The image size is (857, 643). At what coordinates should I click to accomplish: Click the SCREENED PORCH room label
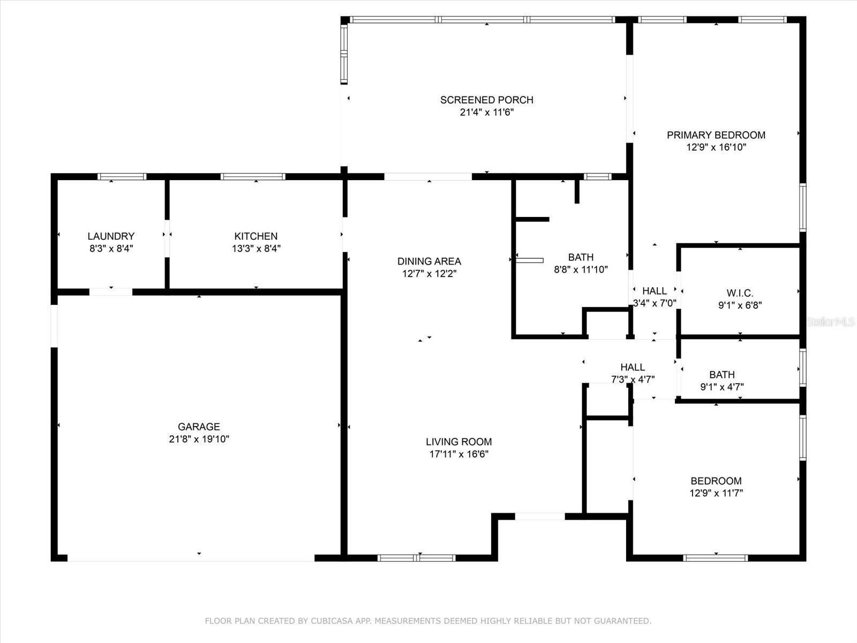pyautogui.click(x=486, y=100)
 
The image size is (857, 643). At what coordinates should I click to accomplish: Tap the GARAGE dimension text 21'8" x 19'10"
pyautogui.click(x=199, y=439)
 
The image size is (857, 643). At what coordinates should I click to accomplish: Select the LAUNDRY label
pyautogui.click(x=111, y=236)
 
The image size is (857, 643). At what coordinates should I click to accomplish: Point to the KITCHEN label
pyautogui.click(x=255, y=236)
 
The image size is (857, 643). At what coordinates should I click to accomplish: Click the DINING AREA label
pyautogui.click(x=429, y=261)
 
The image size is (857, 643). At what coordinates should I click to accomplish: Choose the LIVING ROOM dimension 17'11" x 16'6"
pyautogui.click(x=458, y=454)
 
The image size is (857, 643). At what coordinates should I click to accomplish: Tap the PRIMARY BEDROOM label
pyautogui.click(x=716, y=135)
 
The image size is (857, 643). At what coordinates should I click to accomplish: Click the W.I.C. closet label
pyautogui.click(x=740, y=293)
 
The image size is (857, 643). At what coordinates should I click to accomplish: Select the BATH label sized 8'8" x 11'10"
pyautogui.click(x=581, y=257)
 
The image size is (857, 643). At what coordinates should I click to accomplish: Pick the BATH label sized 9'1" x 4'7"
pyautogui.click(x=722, y=375)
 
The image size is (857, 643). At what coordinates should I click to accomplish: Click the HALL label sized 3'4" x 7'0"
pyautogui.click(x=655, y=291)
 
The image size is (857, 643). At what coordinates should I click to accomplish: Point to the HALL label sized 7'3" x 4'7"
pyautogui.click(x=633, y=368)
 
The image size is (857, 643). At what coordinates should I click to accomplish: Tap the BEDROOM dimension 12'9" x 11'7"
pyautogui.click(x=716, y=492)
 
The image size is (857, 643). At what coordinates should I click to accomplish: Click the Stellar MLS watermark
pyautogui.click(x=830, y=322)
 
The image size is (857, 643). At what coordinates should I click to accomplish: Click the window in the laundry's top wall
pyautogui.click(x=122, y=177)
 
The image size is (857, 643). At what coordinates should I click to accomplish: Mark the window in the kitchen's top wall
pyautogui.click(x=253, y=177)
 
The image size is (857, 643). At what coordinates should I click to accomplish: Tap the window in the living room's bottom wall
pyautogui.click(x=416, y=558)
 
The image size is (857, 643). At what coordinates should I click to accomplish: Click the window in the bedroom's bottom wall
pyautogui.click(x=716, y=558)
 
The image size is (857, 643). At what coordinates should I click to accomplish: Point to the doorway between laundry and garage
pyautogui.click(x=111, y=292)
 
